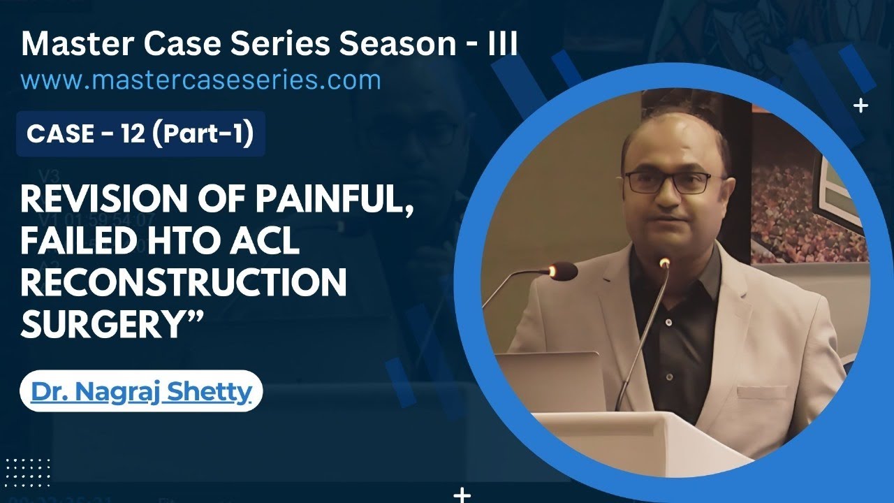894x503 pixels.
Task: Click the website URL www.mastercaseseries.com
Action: [x=201, y=80]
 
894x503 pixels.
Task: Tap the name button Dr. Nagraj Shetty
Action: [x=140, y=391]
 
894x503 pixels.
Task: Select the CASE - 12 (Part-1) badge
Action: [x=140, y=133]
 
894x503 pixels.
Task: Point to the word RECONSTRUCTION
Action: [x=184, y=282]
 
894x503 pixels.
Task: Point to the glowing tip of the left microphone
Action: [x=553, y=270]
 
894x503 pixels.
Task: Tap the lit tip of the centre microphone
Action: [x=664, y=263]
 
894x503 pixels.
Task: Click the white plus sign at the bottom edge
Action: [x=462, y=495]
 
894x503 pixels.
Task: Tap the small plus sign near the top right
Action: [x=861, y=106]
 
